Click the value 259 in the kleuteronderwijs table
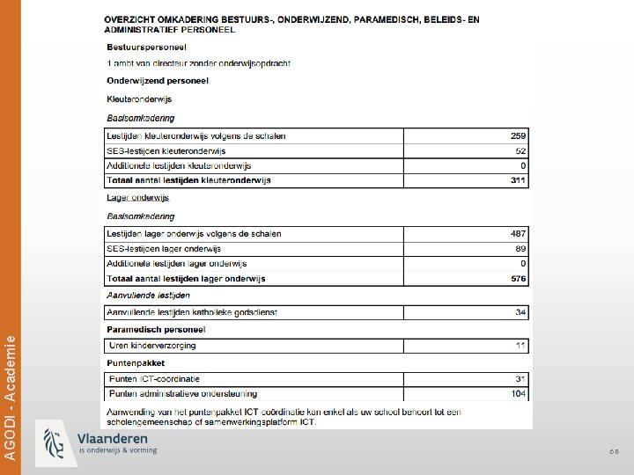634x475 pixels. coord(518,136)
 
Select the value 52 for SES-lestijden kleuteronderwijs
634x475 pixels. coord(520,151)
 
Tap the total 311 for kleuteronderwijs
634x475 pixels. coord(518,180)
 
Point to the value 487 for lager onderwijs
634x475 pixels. coord(518,234)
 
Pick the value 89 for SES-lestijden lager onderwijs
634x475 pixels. coord(520,249)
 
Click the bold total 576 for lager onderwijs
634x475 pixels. coord(518,279)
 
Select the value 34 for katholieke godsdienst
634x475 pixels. coord(520,312)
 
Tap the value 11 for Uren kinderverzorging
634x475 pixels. coord(521,346)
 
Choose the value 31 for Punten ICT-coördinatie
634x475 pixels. coord(520,379)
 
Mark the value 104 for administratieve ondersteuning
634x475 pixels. coord(518,394)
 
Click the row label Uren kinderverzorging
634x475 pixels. coord(151,346)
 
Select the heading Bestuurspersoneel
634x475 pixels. coord(146,47)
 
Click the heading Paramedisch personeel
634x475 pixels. coord(156,329)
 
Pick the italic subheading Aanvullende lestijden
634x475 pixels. coord(148,296)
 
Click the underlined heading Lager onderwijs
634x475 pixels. coord(137,198)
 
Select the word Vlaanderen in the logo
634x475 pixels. coord(113,438)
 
